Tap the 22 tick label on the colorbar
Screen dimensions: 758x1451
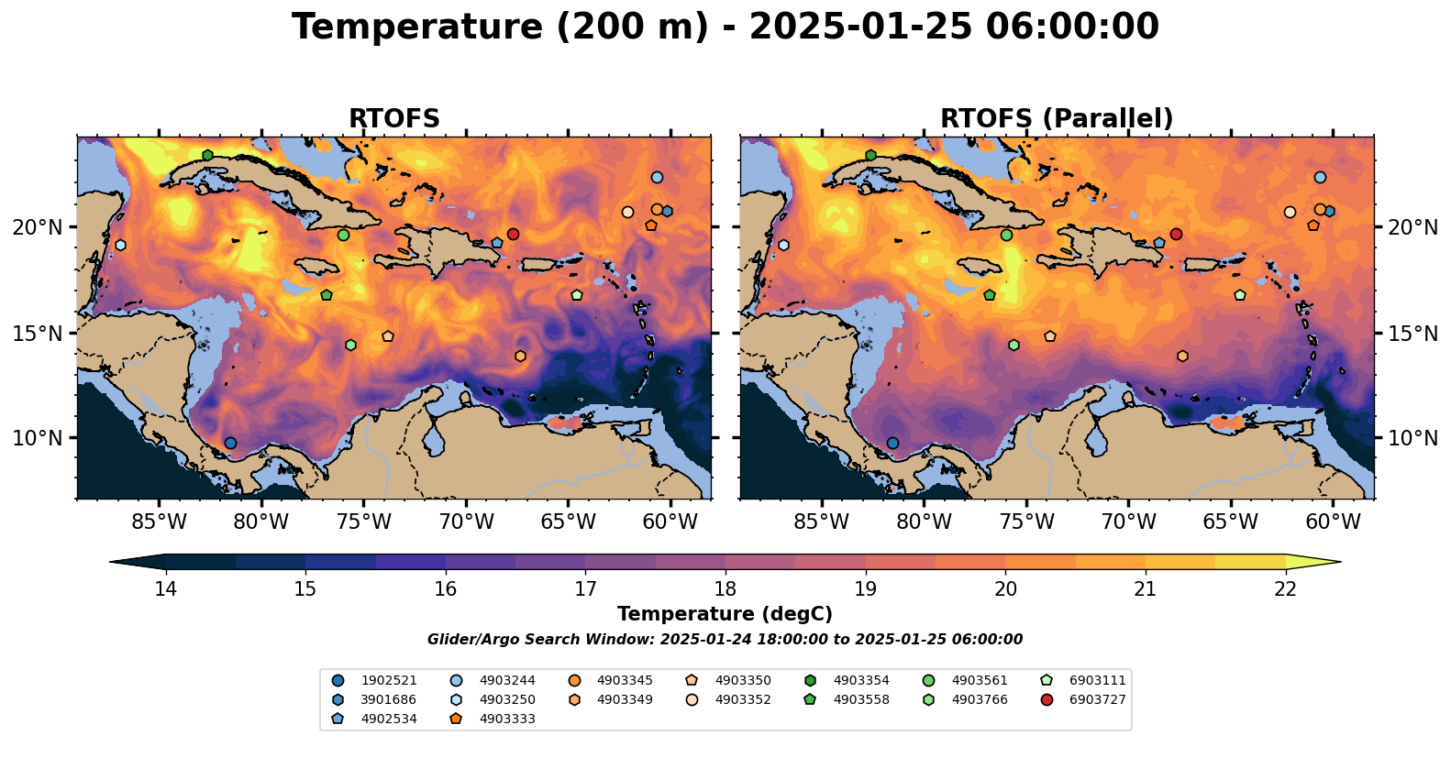tap(1286, 588)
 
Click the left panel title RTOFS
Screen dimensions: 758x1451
tap(394, 119)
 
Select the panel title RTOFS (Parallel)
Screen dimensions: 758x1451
tap(1057, 119)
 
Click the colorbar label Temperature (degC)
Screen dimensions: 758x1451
tap(725, 614)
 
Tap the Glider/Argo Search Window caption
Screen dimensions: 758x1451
tap(725, 640)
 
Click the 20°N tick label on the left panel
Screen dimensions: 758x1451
tap(38, 227)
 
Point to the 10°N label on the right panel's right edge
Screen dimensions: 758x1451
tap(1412, 438)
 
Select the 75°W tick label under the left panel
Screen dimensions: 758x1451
tap(364, 522)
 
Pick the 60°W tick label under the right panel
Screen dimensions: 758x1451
tap(1333, 522)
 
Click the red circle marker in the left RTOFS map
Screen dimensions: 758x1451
tap(513, 234)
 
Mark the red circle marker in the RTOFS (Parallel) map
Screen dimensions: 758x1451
tap(1176, 234)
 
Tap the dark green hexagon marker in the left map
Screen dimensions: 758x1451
tap(208, 155)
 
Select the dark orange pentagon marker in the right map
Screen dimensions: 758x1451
tap(1313, 225)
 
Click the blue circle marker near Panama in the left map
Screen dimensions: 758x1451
tap(230, 443)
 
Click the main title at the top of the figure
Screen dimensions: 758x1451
tap(725, 27)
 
